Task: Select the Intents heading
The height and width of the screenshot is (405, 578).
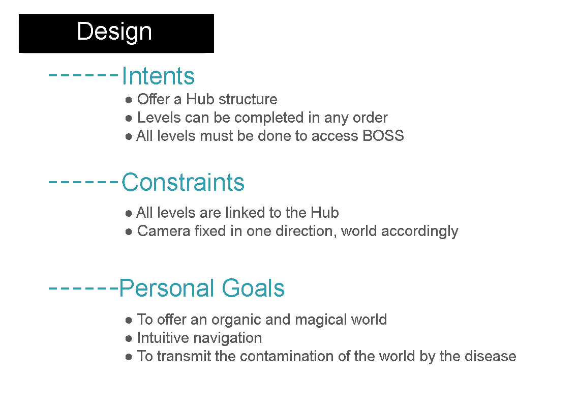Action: click(158, 76)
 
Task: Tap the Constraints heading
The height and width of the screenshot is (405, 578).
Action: click(183, 182)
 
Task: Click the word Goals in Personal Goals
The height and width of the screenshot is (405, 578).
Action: click(253, 288)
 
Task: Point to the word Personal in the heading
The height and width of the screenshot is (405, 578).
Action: click(167, 288)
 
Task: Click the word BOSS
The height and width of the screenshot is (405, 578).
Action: click(383, 136)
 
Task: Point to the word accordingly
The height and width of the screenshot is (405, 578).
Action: click(420, 232)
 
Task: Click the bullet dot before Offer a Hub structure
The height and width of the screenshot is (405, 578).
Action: click(129, 100)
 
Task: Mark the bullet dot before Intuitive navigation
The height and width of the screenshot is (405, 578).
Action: click(129, 339)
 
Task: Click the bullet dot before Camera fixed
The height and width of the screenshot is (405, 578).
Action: click(129, 232)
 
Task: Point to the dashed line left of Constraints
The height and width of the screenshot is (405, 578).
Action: click(83, 182)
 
